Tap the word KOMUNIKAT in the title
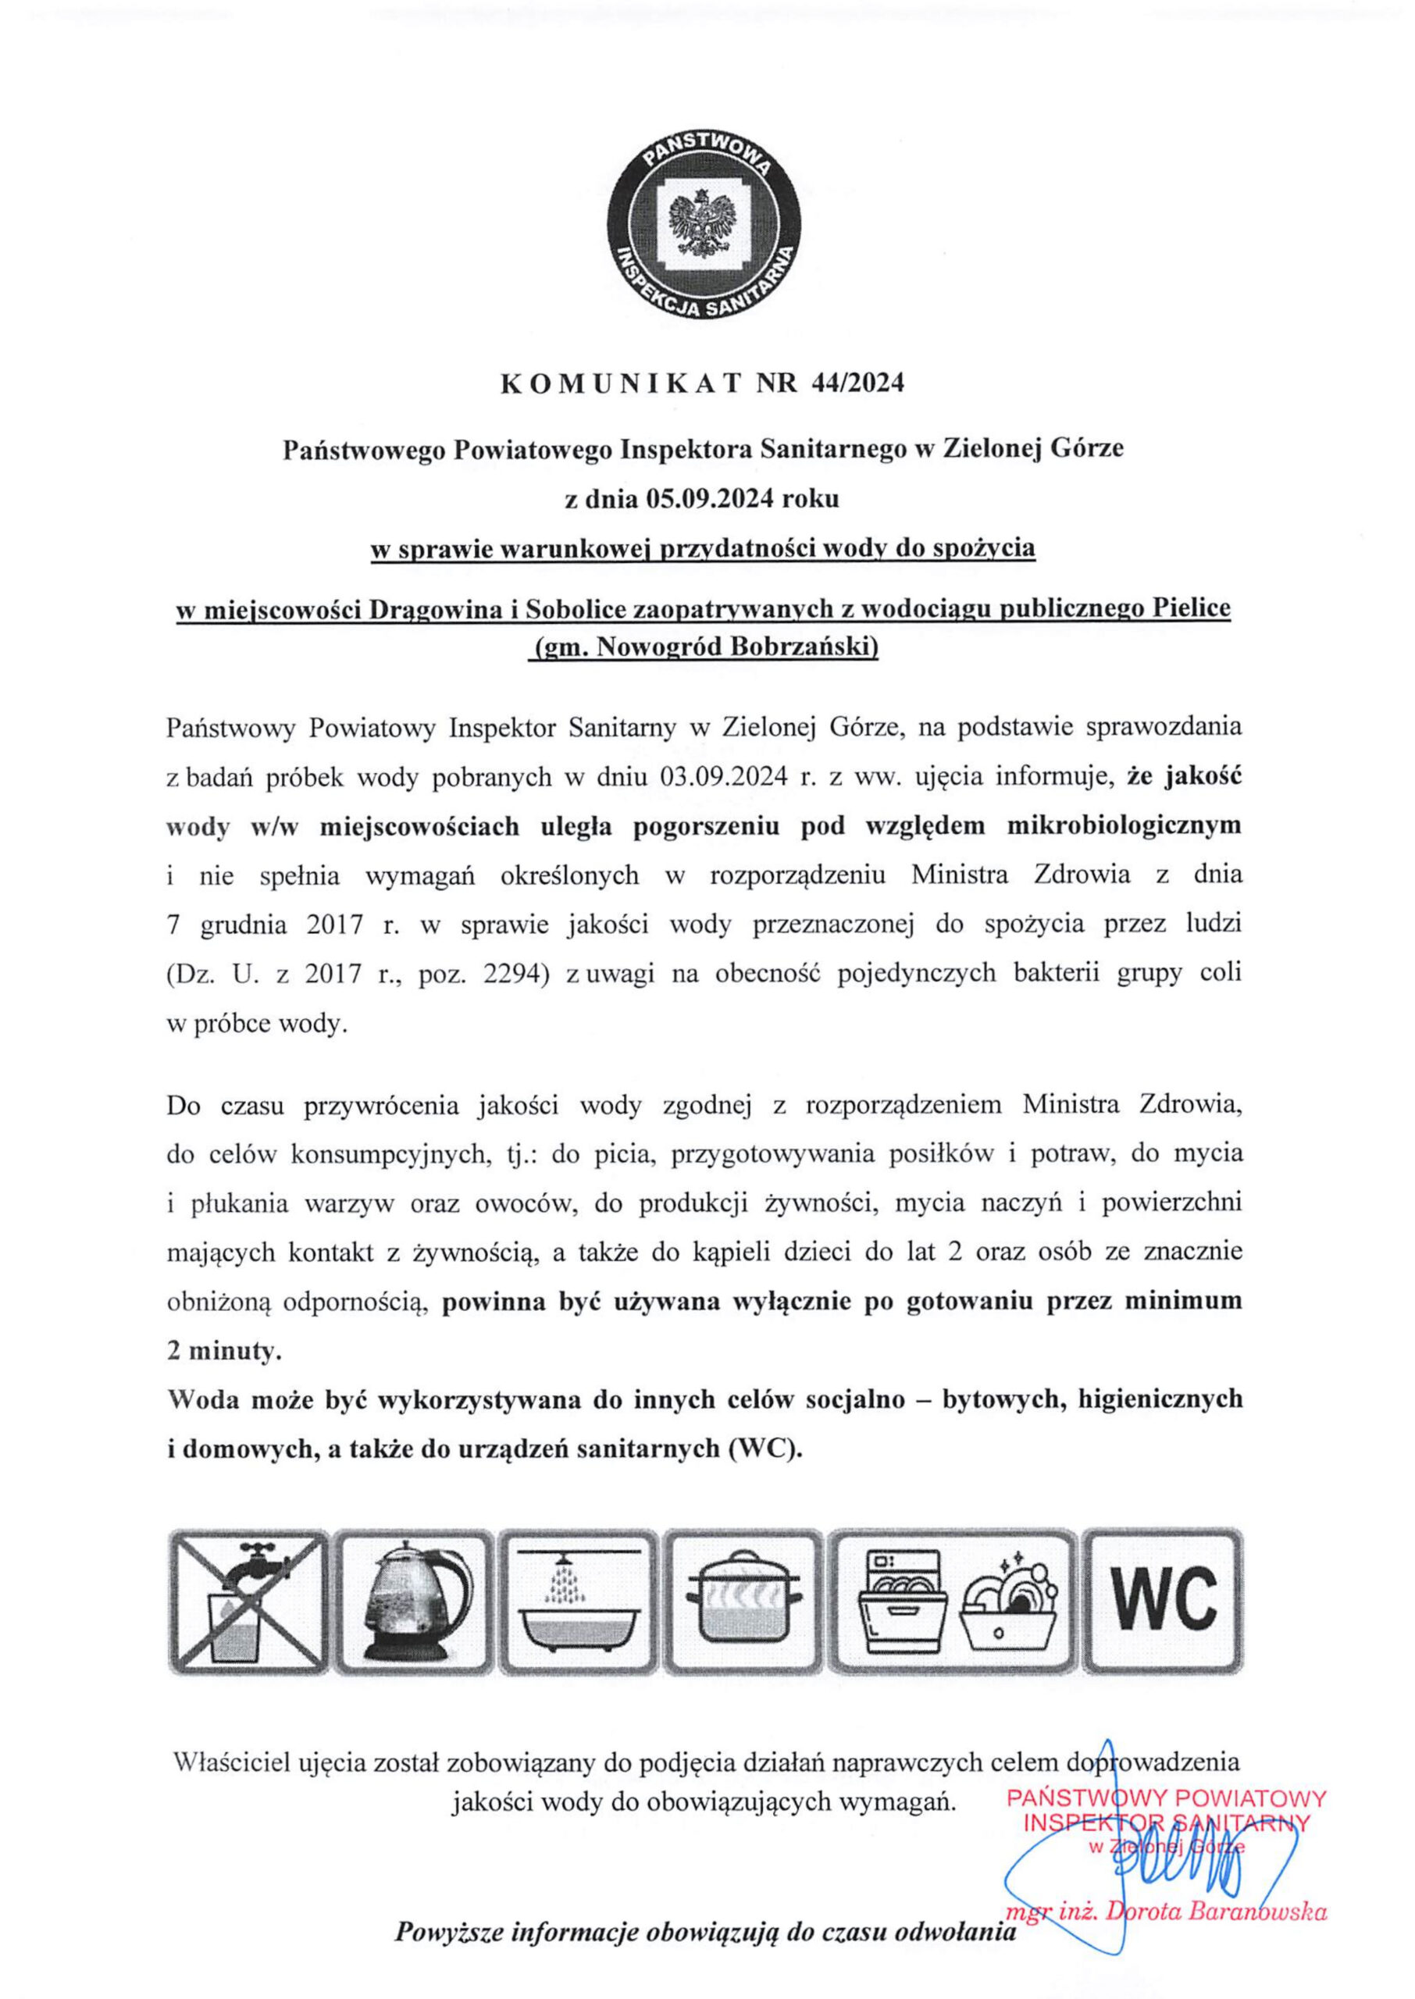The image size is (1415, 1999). coord(620,384)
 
